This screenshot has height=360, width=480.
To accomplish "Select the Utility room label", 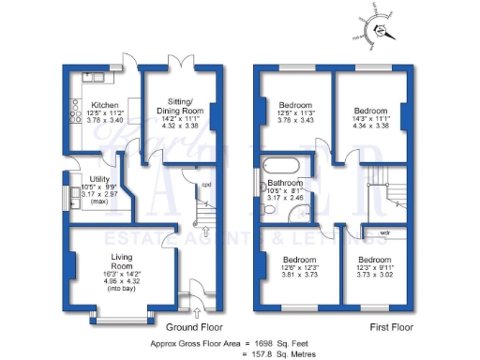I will [x=99, y=179].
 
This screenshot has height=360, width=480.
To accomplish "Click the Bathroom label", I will [x=285, y=184].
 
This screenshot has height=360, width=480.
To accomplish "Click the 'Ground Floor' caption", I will [x=193, y=327].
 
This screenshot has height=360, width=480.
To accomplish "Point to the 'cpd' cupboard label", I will [x=206, y=185].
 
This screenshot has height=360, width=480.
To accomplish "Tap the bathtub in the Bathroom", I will [x=283, y=168].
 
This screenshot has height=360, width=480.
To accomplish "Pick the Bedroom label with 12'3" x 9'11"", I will [x=374, y=259].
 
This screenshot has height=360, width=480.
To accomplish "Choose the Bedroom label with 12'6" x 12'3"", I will [x=299, y=259].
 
